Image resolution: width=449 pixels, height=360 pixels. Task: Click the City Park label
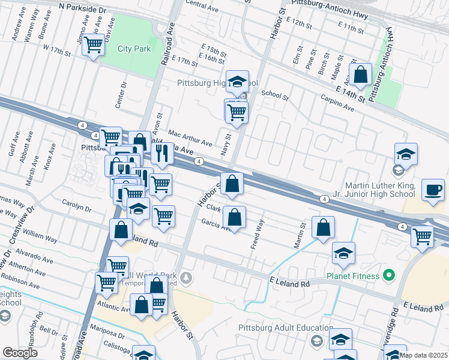point(134,49)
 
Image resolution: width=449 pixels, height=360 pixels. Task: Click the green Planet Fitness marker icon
point(388,276)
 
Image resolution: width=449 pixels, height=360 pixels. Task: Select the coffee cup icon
point(433,190)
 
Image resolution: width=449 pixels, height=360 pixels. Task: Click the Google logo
point(20,353)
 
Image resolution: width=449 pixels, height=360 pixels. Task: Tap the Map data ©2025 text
point(423,355)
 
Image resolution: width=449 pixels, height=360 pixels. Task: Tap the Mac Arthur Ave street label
point(190,139)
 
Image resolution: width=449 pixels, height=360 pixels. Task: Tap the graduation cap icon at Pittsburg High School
point(237,81)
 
